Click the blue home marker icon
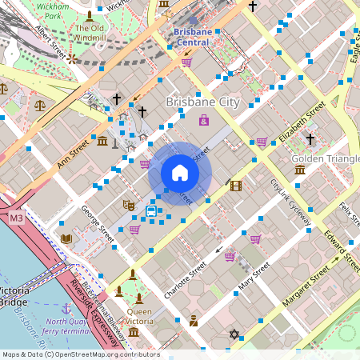click(x=180, y=173)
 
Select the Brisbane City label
click(x=202, y=102)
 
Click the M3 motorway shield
click(x=16, y=218)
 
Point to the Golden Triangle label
click(x=325, y=158)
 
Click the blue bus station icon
click(x=151, y=211)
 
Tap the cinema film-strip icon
click(x=235, y=186)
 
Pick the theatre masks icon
click(x=128, y=205)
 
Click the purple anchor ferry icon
click(x=66, y=307)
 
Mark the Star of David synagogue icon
click(x=234, y=334)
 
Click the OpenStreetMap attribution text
click(x=80, y=354)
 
